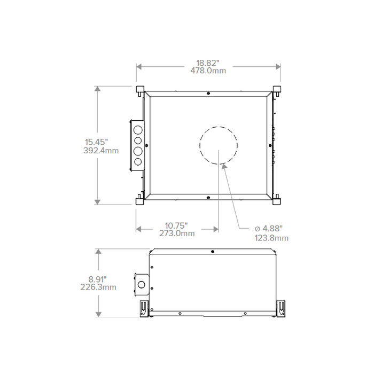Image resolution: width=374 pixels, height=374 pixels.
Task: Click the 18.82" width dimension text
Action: click(208, 63)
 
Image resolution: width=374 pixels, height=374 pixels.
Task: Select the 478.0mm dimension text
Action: click(208, 71)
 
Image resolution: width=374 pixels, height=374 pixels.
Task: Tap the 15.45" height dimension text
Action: click(97, 142)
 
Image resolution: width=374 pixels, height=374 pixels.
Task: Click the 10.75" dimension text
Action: click(176, 225)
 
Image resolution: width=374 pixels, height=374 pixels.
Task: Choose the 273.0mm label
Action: click(177, 233)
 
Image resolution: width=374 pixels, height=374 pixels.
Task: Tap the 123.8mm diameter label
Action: click(272, 238)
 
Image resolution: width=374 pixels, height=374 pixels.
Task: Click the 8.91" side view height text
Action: click(98, 279)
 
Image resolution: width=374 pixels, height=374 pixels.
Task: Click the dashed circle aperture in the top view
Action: click(218, 145)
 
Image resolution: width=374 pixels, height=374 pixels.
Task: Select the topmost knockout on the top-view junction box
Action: click(137, 130)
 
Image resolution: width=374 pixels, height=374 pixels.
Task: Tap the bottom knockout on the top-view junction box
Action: click(137, 161)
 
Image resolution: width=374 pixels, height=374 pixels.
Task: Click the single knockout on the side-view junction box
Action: click(142, 284)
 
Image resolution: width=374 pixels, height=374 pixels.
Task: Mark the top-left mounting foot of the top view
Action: click(140, 89)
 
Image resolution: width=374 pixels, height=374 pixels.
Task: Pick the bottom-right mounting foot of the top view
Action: click(277, 199)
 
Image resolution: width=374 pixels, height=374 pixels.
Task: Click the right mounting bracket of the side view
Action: click(281, 308)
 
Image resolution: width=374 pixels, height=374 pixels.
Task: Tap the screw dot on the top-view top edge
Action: click(208, 93)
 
